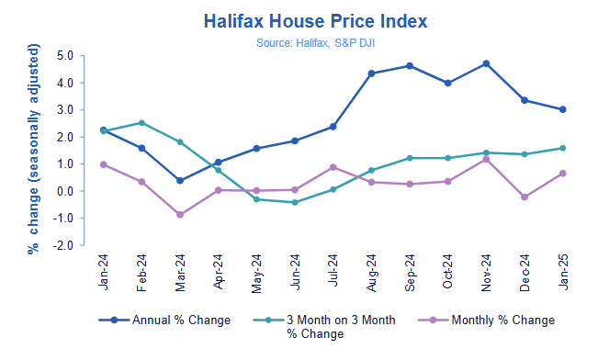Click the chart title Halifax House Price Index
(x=299, y=19)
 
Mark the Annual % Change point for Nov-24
(x=486, y=63)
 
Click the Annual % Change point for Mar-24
(x=179, y=181)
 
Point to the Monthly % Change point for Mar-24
(x=179, y=215)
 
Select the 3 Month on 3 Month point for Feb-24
(x=141, y=122)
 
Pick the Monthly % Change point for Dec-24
(x=524, y=197)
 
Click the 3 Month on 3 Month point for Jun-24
(x=294, y=202)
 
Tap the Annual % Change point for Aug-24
(x=371, y=73)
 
